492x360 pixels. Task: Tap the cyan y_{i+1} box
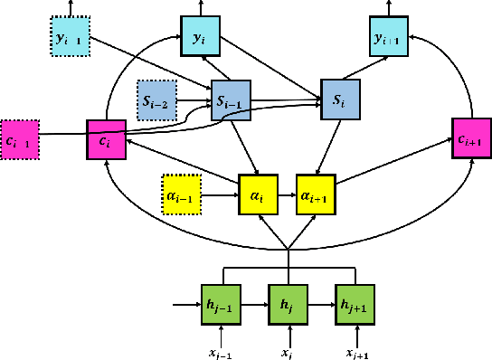392,38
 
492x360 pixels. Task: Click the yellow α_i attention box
257,193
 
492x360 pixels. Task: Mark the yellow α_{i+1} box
317,193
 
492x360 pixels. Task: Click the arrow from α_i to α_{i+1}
286,193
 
